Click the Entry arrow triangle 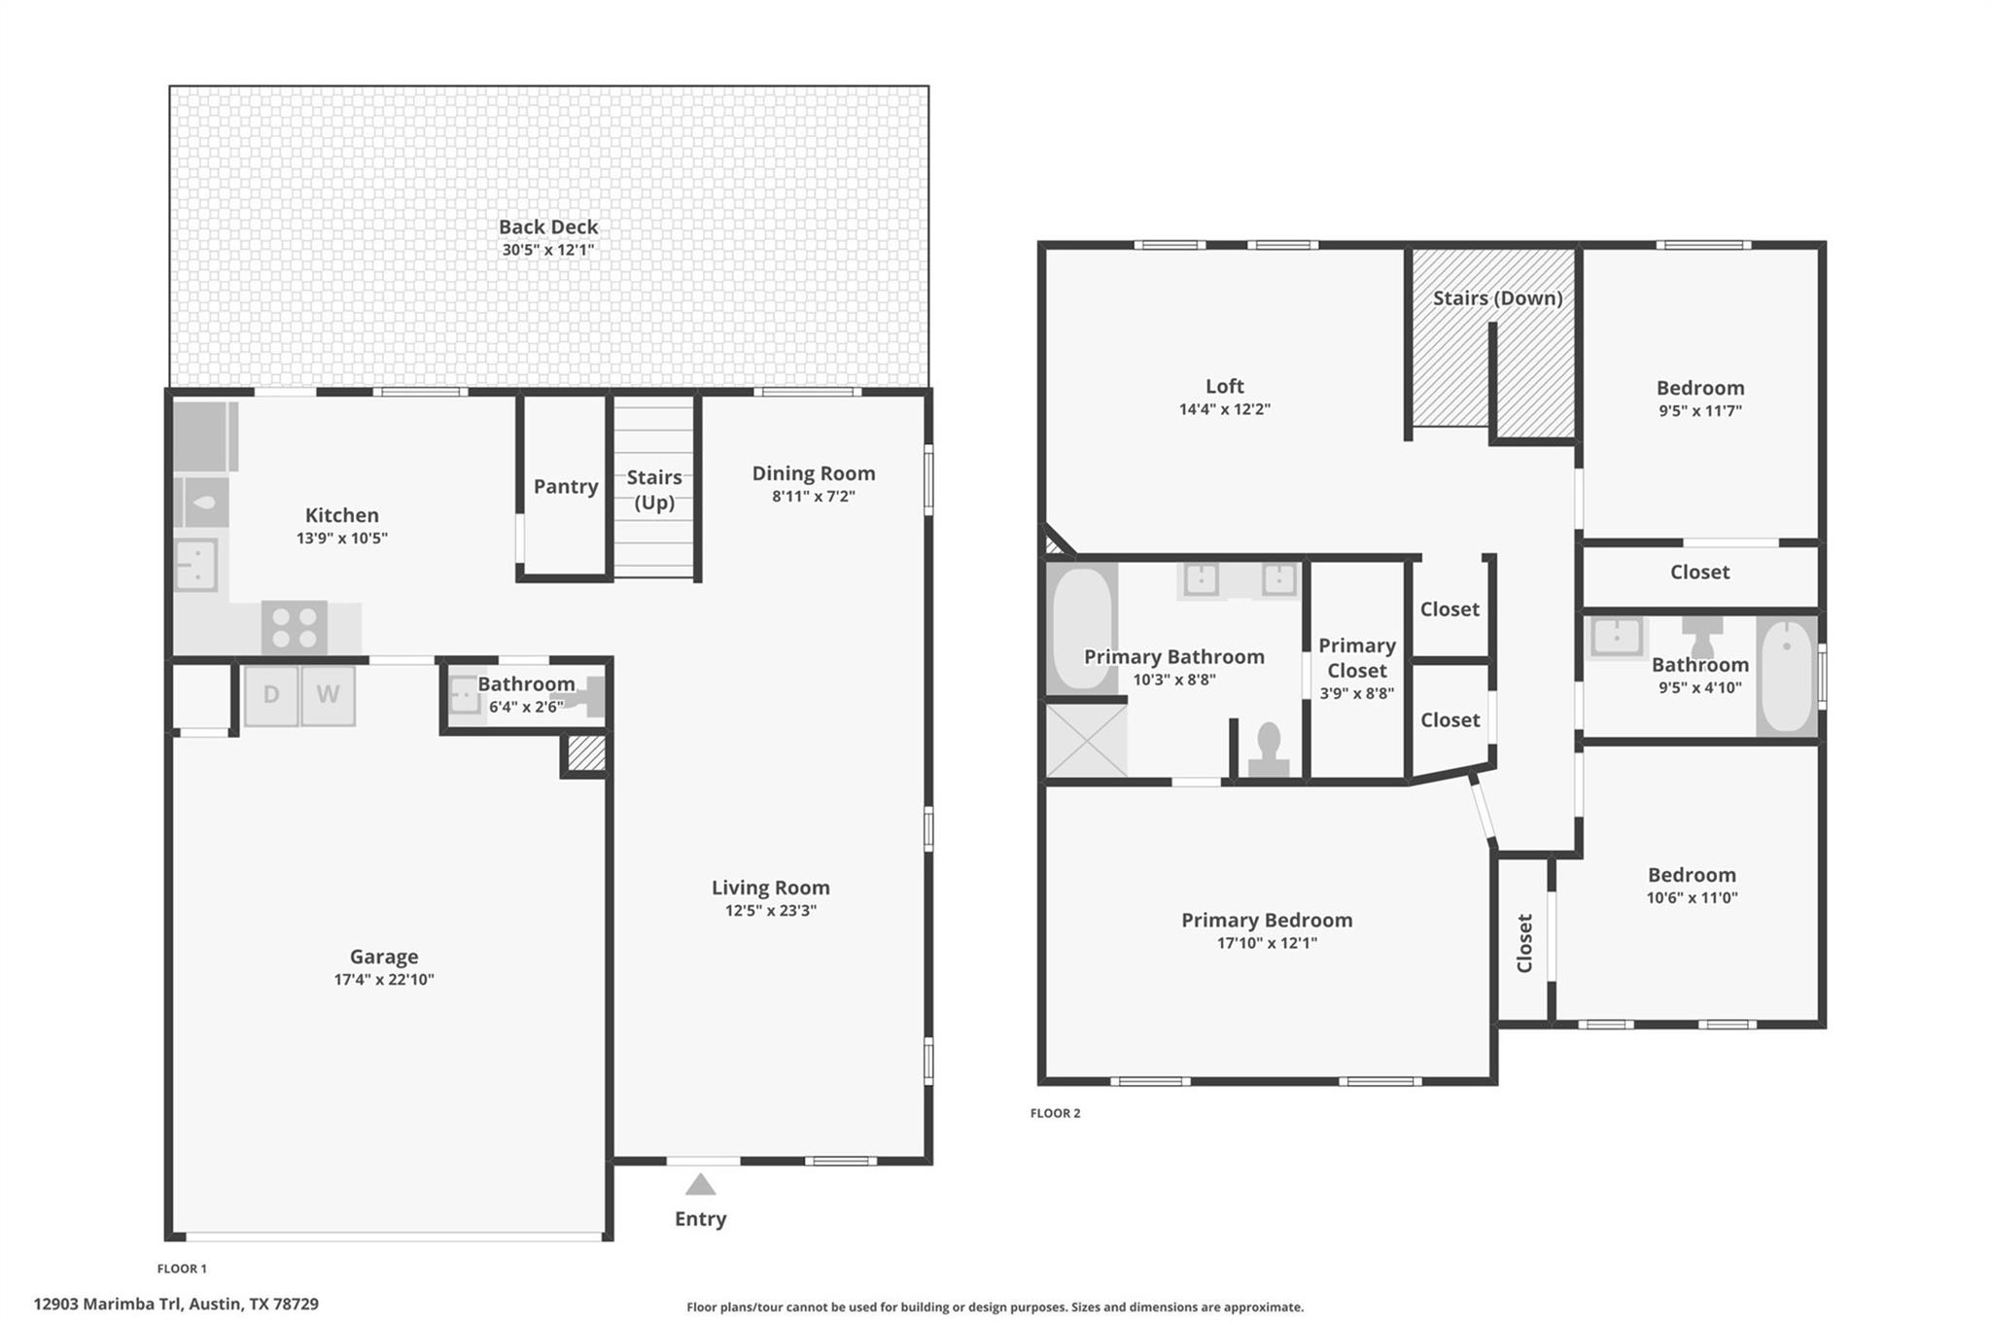tap(700, 1184)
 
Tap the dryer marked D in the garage tap(271, 695)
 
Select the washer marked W tap(328, 695)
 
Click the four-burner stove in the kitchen tap(295, 628)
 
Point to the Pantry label tap(566, 486)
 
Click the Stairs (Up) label tap(654, 490)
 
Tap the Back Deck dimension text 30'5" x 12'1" tap(548, 250)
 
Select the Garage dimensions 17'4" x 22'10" tap(384, 979)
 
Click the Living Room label tap(771, 888)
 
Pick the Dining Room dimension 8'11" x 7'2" tap(814, 496)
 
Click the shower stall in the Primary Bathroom tap(1086, 741)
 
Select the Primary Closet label tap(1357, 658)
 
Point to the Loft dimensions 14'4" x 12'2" tap(1225, 409)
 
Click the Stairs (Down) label tap(1498, 298)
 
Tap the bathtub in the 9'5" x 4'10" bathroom tap(1787, 676)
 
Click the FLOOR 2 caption tap(1055, 1113)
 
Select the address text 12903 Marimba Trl tap(108, 1304)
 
